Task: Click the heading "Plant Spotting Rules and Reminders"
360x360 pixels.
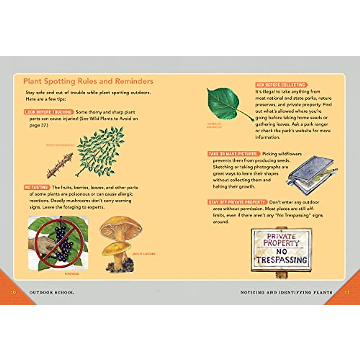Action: tap(88, 81)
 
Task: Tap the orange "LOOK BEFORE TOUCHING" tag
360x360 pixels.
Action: tap(49, 112)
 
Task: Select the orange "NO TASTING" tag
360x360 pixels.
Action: tap(37, 187)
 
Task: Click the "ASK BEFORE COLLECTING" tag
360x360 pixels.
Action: tap(281, 85)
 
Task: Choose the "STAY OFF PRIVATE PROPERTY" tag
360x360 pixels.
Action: tap(237, 202)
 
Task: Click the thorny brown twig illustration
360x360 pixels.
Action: tap(59, 165)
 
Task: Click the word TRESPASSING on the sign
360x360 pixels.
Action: tap(281, 260)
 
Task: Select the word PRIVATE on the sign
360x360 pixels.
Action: tap(281, 236)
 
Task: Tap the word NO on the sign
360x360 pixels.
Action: tap(281, 251)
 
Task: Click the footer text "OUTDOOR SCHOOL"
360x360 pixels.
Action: tap(52, 292)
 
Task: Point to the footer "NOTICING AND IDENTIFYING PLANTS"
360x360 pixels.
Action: tap(286, 292)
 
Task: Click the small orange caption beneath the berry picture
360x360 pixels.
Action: tap(72, 274)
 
